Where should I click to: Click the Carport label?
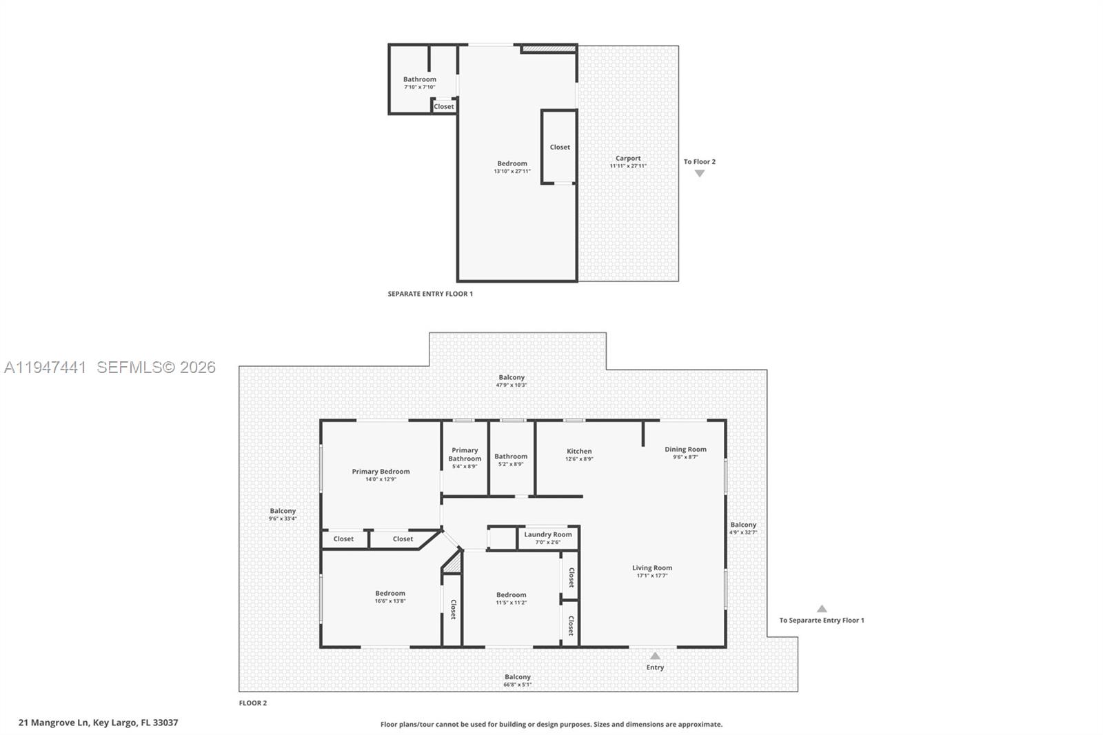[x=628, y=159]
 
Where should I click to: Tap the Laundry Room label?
[x=547, y=534]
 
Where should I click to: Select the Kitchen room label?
[x=579, y=452]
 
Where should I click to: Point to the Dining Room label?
[x=685, y=450]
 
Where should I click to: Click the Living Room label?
[x=652, y=568]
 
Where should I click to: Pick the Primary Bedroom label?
[x=381, y=472]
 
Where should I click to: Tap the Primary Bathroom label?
[x=465, y=454]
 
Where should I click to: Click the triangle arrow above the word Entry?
[x=655, y=656]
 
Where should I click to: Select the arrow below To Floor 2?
[x=699, y=173]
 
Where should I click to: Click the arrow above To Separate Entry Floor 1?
[x=822, y=609]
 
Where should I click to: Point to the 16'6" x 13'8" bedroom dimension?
[x=390, y=601]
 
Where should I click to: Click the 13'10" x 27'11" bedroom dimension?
[x=512, y=171]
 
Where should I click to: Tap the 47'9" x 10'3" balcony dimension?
[x=512, y=385]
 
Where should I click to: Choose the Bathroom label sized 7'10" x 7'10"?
[x=420, y=79]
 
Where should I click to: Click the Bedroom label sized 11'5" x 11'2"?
[x=512, y=595]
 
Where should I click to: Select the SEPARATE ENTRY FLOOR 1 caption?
[x=430, y=294]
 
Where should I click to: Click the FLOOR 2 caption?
[x=253, y=703]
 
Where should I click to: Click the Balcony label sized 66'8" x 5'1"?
[x=517, y=677]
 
